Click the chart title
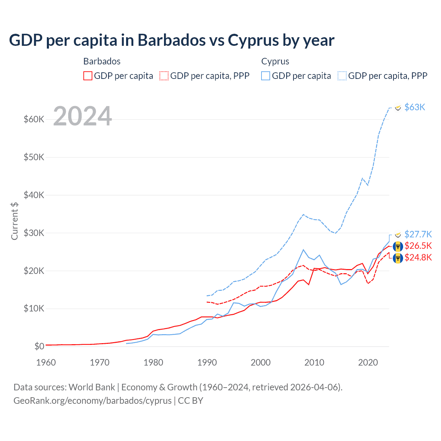(x=172, y=40)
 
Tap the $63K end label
(x=415, y=107)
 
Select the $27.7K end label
(x=418, y=234)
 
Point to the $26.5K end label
(x=418, y=246)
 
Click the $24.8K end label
(x=418, y=257)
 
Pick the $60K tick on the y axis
(x=34, y=120)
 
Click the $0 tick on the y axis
(x=39, y=346)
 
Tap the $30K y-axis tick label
(x=34, y=233)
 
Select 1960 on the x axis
(x=46, y=362)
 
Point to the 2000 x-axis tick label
(x=261, y=362)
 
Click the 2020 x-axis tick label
(x=368, y=362)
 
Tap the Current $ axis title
(x=14, y=221)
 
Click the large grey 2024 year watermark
(x=83, y=116)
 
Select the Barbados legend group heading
(x=102, y=61)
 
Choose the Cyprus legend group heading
(x=275, y=61)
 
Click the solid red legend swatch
(x=88, y=76)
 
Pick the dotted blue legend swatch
(x=342, y=76)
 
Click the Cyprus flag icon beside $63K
(x=398, y=107)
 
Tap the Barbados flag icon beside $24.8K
(x=398, y=258)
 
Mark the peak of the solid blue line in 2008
(x=303, y=249)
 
